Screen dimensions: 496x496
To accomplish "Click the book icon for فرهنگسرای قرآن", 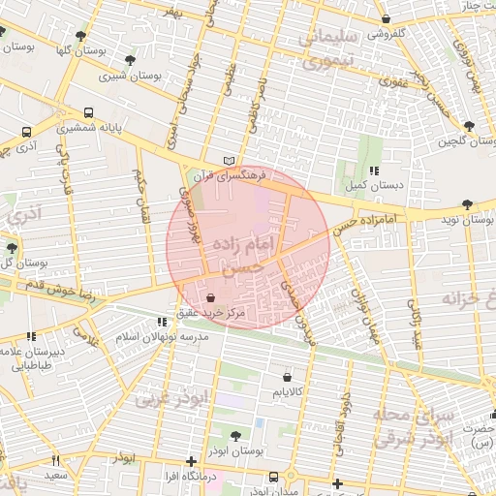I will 229,160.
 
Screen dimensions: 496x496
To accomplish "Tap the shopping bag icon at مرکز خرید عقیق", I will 211,298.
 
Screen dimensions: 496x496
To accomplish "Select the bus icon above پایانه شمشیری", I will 89,111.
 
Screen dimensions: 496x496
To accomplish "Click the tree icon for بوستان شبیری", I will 106,60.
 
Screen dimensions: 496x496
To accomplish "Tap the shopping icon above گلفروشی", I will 386,18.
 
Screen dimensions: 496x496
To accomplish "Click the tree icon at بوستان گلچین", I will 470,126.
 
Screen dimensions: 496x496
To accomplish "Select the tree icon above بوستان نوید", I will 469,203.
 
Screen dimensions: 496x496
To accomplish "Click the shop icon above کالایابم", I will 288,377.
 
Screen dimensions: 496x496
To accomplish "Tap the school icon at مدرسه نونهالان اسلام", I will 162,323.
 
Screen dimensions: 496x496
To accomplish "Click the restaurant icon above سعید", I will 55,460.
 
